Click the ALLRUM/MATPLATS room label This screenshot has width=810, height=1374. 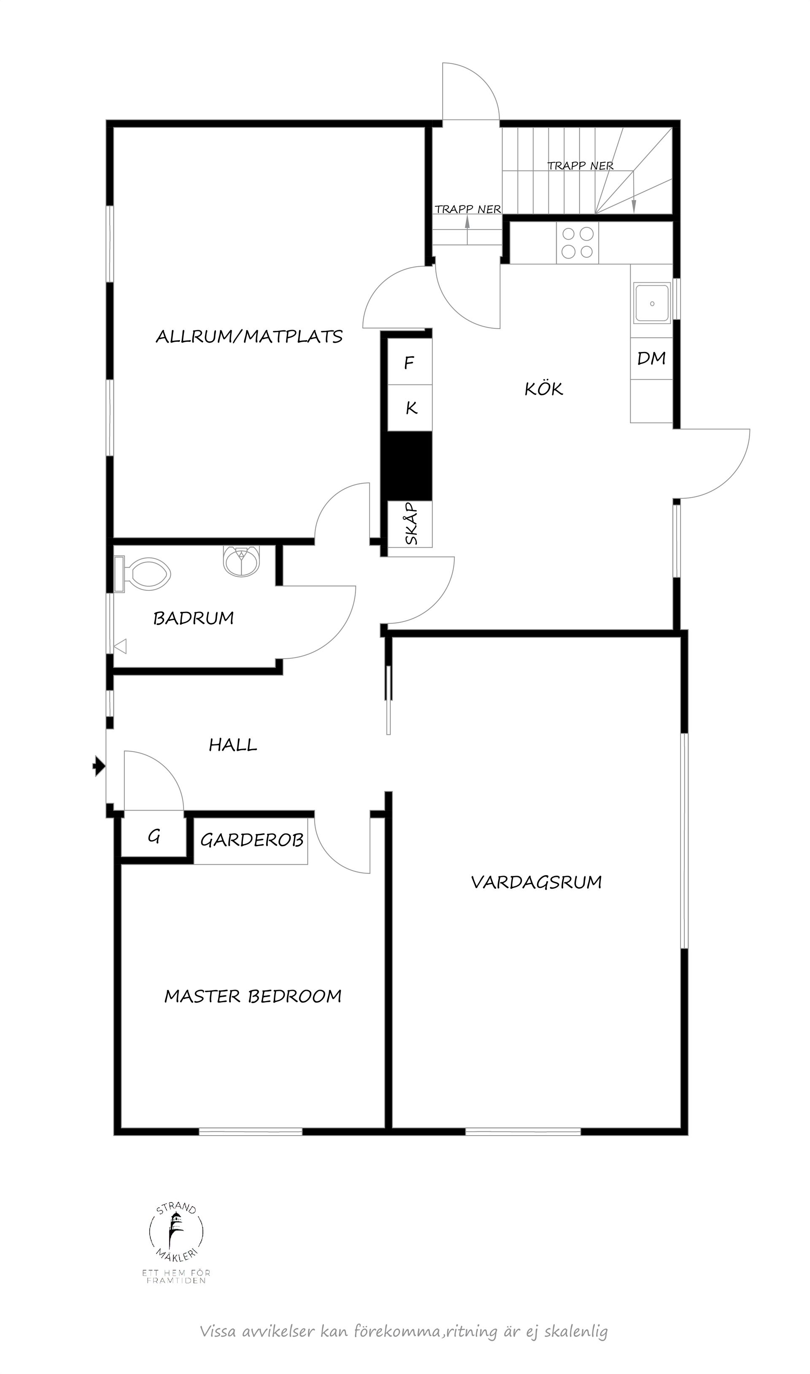(249, 336)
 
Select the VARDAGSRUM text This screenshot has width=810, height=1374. (536, 882)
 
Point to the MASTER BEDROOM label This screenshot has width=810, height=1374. (253, 996)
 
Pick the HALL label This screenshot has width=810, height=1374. (232, 745)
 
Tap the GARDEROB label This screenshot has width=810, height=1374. (251, 840)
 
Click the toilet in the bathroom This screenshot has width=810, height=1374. (145, 574)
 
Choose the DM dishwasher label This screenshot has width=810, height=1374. (651, 359)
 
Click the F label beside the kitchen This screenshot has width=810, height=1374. (409, 363)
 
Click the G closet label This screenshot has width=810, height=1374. (154, 836)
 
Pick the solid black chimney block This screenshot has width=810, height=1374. (409, 465)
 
